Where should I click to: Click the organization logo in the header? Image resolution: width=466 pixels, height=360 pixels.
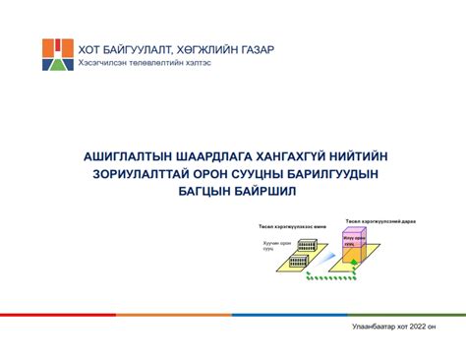[57, 56]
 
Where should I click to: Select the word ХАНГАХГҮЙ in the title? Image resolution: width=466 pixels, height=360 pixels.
[307, 156]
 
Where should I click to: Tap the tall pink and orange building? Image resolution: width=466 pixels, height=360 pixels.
[354, 246]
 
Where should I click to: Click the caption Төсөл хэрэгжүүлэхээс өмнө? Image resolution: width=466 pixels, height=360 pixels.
[285, 227]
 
